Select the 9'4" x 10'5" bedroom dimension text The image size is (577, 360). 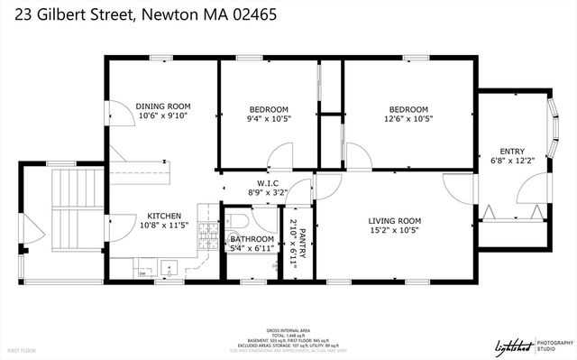[268, 118]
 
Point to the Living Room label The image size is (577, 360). [395, 220]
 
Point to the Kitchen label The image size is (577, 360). [166, 217]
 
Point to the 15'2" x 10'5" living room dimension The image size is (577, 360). [395, 230]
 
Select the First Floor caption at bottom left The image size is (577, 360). [23, 348]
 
